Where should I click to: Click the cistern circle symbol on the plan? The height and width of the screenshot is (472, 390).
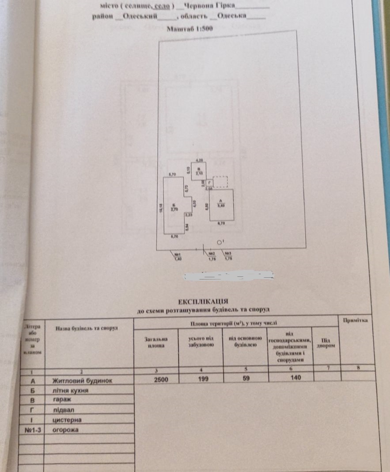[220, 242]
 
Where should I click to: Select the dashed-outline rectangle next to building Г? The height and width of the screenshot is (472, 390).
[221, 181]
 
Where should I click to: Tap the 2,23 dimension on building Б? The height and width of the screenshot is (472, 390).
[189, 215]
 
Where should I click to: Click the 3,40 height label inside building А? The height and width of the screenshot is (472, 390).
[220, 205]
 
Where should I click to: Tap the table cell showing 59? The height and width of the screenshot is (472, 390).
[246, 378]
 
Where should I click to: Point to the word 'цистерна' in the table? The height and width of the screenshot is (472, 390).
[67, 419]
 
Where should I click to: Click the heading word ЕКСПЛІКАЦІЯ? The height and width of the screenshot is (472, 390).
[203, 302]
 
